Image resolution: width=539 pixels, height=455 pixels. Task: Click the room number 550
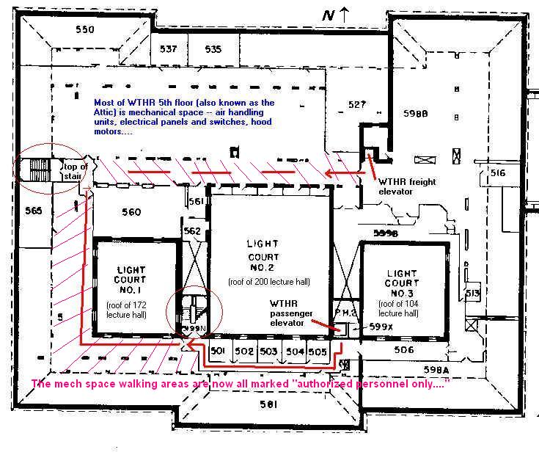click(x=85, y=29)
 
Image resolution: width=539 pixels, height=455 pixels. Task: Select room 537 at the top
click(x=169, y=49)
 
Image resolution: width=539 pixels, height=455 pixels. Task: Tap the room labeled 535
click(x=213, y=49)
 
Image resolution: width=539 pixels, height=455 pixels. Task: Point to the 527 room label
click(x=356, y=105)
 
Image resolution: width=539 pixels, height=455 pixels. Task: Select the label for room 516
click(x=498, y=173)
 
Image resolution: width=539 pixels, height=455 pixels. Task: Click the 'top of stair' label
click(x=74, y=170)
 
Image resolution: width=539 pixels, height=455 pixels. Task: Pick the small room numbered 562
click(x=192, y=230)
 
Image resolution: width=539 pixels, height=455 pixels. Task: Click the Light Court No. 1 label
click(x=131, y=280)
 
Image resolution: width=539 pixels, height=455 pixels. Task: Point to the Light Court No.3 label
click(x=403, y=283)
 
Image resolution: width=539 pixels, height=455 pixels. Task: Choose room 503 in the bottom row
click(x=268, y=352)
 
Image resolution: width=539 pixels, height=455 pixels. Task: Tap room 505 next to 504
click(x=317, y=352)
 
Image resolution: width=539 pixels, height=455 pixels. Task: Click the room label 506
click(x=404, y=350)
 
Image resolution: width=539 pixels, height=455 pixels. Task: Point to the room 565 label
click(x=33, y=211)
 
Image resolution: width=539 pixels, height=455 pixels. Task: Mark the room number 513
click(x=472, y=294)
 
